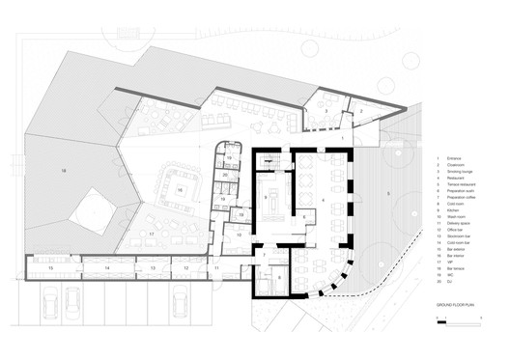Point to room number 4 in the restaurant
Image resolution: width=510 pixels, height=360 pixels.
[310, 199]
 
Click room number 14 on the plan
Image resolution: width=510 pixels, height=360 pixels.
[106, 265]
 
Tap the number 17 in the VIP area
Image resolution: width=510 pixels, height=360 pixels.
[152, 234]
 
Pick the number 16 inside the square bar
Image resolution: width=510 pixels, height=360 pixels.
[179, 191]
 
